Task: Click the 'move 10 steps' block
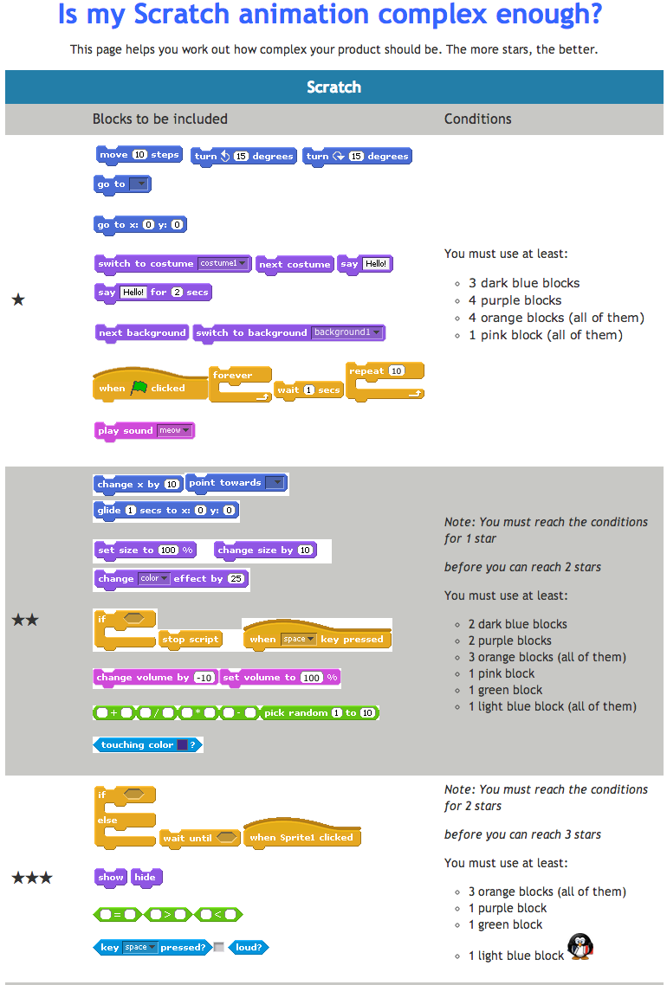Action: [139, 155]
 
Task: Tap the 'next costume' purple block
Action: [295, 264]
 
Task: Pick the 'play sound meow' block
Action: [144, 430]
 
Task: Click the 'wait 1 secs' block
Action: [308, 390]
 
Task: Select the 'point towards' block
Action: [236, 483]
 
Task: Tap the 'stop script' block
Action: [191, 640]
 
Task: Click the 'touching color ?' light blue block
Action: [147, 744]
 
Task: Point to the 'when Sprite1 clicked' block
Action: [301, 837]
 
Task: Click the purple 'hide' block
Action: [146, 877]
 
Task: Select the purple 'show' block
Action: [110, 877]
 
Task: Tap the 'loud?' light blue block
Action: [249, 948]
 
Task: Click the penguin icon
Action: [580, 946]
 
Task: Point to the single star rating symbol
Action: [18, 300]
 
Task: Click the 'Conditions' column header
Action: [477, 119]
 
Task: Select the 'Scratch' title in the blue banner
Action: [333, 87]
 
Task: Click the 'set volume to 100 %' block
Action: [280, 678]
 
